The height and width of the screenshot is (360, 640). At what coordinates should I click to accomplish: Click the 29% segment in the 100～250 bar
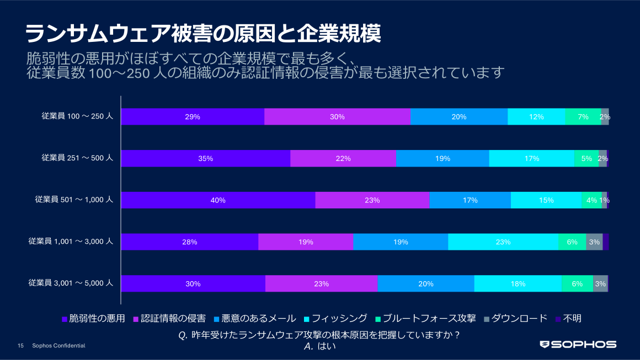[193, 117]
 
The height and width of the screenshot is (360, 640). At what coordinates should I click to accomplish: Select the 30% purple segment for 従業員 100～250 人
[337, 117]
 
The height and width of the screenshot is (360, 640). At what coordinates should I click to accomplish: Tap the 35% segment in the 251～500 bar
[205, 158]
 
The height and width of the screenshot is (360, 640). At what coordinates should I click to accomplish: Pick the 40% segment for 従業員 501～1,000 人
[218, 200]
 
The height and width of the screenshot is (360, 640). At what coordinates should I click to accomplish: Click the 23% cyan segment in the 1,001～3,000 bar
[503, 242]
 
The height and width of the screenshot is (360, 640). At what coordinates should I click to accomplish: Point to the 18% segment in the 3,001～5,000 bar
[518, 284]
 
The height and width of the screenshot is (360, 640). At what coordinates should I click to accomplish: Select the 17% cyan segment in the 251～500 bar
[532, 158]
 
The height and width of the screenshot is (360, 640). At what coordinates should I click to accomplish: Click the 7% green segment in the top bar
[583, 117]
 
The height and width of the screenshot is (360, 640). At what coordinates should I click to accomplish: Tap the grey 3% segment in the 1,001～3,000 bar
[594, 242]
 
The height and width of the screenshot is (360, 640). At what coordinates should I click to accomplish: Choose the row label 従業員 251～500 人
[77, 158]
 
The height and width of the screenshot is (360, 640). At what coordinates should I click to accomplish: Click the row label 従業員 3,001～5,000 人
[71, 283]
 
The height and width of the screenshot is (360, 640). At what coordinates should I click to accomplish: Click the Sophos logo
[578, 345]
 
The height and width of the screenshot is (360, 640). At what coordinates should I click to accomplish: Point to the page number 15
[20, 346]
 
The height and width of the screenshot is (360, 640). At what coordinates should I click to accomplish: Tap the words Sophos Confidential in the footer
[59, 346]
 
